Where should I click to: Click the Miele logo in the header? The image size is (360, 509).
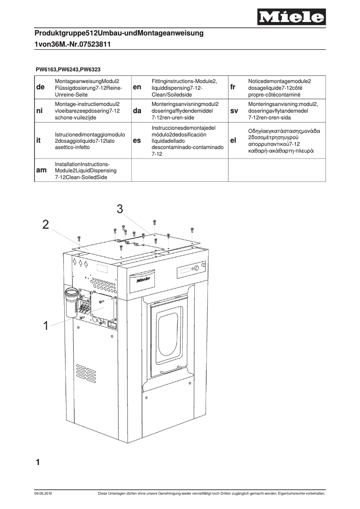click(x=291, y=18)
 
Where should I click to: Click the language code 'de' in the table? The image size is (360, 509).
click(x=40, y=88)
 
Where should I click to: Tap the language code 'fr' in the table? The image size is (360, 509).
click(x=233, y=88)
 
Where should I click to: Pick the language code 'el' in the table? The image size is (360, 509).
click(x=233, y=140)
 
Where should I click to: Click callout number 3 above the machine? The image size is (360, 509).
click(x=120, y=208)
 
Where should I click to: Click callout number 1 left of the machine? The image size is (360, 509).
click(x=45, y=326)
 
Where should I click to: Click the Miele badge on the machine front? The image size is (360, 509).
click(x=143, y=280)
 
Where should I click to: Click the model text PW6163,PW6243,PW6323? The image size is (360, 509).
click(x=68, y=70)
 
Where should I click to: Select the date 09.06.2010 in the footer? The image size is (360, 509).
click(x=43, y=494)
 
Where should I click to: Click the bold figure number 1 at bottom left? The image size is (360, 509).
click(x=38, y=461)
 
